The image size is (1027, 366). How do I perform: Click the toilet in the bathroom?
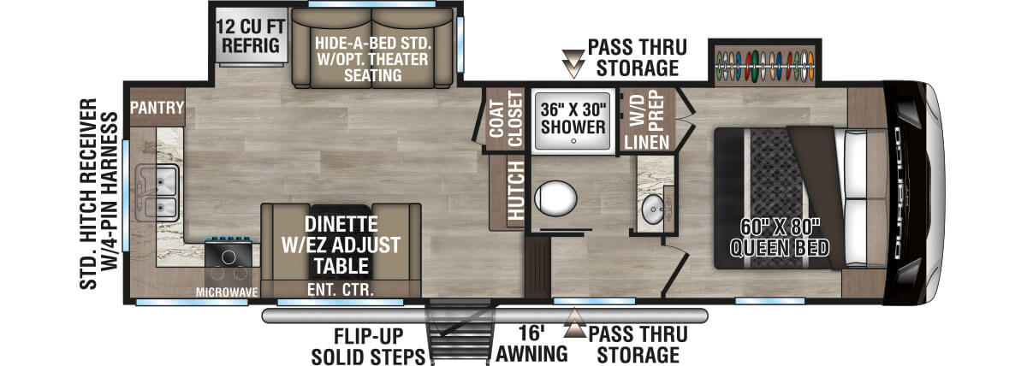555,198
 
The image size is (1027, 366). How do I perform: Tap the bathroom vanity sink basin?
655,210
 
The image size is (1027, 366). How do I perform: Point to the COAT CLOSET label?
504,120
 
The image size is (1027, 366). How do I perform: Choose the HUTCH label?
515,193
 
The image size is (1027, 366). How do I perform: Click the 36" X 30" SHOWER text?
573,118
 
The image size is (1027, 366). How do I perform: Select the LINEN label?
655,141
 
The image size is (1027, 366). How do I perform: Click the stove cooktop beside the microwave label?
229,255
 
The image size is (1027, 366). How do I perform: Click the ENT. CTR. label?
340,290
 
